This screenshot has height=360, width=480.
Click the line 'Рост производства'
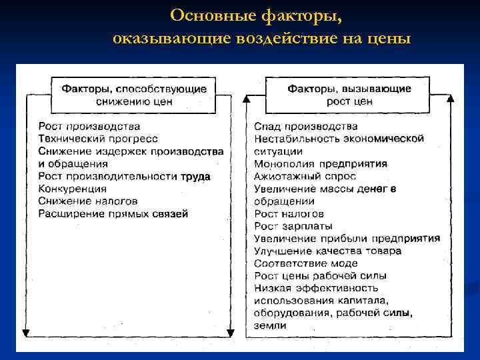(x=89, y=126)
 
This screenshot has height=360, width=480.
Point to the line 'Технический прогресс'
(x=98, y=139)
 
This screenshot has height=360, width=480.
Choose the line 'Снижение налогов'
(x=88, y=201)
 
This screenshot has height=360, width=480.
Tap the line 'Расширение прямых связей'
(x=113, y=213)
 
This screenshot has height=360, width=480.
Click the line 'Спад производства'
(x=306, y=126)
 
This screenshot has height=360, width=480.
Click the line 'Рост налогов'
(x=289, y=213)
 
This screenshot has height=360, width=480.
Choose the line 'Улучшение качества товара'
(x=327, y=251)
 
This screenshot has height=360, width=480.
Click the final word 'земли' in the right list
(x=270, y=325)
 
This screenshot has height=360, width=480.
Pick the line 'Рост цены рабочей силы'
(x=320, y=275)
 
